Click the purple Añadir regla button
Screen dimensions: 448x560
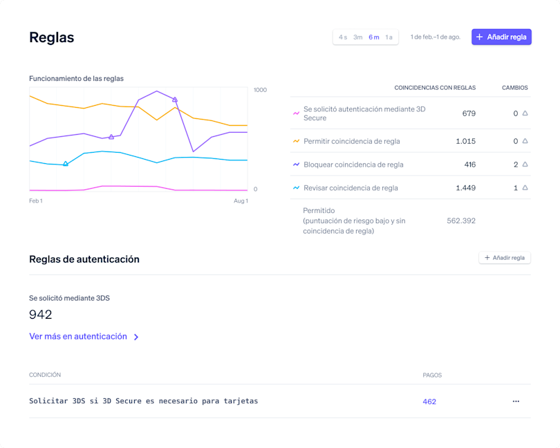pos(501,37)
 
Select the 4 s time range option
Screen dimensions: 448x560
pos(343,37)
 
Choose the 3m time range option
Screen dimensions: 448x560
pos(358,37)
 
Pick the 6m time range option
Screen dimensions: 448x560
pos(374,37)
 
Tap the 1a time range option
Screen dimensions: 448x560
pos(389,37)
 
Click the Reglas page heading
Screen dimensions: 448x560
pos(52,37)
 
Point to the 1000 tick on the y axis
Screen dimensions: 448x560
pos(261,90)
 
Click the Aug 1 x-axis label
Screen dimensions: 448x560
pos(241,201)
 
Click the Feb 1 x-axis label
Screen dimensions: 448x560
pos(36,201)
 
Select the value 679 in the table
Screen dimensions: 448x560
pos(469,113)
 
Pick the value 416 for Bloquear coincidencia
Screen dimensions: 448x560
pos(469,165)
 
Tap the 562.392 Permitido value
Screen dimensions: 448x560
pos(461,221)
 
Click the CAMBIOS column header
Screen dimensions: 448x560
pos(514,88)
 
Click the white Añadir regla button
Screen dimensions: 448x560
pos(505,258)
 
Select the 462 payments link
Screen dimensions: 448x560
pos(429,402)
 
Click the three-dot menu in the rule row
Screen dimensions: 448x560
pos(516,402)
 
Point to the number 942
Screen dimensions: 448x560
pos(41,315)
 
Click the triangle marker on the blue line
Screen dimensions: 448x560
pos(66,164)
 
